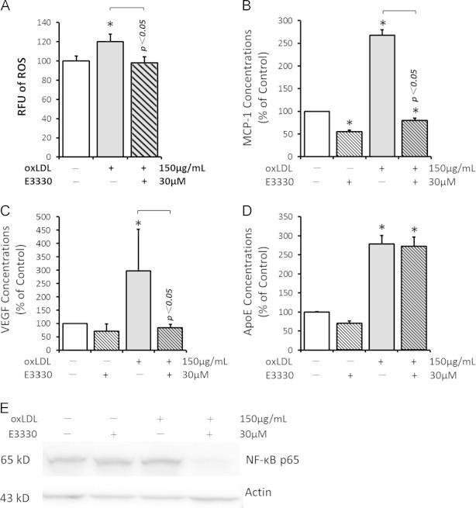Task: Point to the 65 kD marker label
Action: point(16,459)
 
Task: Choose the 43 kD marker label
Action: point(16,494)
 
